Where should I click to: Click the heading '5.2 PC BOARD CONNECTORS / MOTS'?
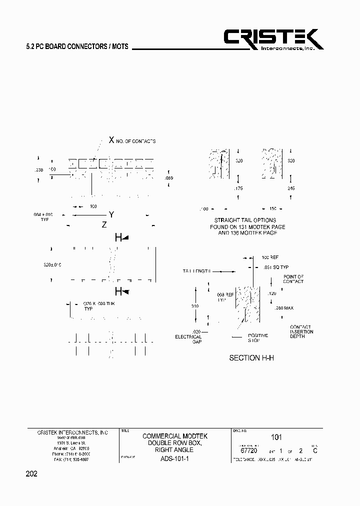(x=77, y=46)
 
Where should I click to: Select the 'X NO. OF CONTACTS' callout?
(x=132, y=140)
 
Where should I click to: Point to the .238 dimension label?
(x=39, y=170)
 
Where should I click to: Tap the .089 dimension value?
(x=169, y=178)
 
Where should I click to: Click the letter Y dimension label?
(x=112, y=214)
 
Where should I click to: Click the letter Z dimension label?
(x=104, y=225)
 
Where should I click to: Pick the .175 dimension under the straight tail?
(x=239, y=188)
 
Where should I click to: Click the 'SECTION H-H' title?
(x=251, y=358)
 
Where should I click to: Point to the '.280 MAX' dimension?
(x=283, y=308)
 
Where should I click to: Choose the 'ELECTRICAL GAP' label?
(x=188, y=339)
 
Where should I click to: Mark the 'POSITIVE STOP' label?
(x=258, y=338)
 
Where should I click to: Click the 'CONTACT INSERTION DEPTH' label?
(x=301, y=331)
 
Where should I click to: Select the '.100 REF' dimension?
(x=270, y=258)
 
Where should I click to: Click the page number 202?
(x=31, y=472)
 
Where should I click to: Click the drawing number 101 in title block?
(x=276, y=437)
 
